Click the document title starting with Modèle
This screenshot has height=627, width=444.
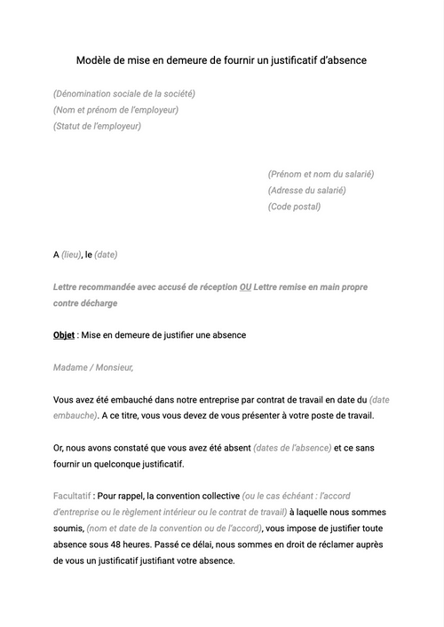(221, 60)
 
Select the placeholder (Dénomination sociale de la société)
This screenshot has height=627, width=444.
(124, 94)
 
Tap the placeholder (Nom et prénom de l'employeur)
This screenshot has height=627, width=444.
(115, 110)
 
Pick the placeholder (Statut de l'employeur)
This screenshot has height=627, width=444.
(97, 126)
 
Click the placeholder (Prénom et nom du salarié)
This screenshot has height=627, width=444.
(321, 175)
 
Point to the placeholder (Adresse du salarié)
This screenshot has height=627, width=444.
(306, 191)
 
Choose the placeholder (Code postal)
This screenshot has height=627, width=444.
(294, 207)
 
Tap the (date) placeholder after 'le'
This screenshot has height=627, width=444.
(106, 255)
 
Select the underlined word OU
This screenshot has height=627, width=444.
(245, 287)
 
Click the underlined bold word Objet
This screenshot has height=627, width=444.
(64, 335)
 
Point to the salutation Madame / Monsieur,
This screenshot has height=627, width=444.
(93, 367)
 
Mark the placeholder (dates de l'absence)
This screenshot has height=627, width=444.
(292, 448)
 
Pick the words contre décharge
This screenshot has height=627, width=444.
(85, 303)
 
